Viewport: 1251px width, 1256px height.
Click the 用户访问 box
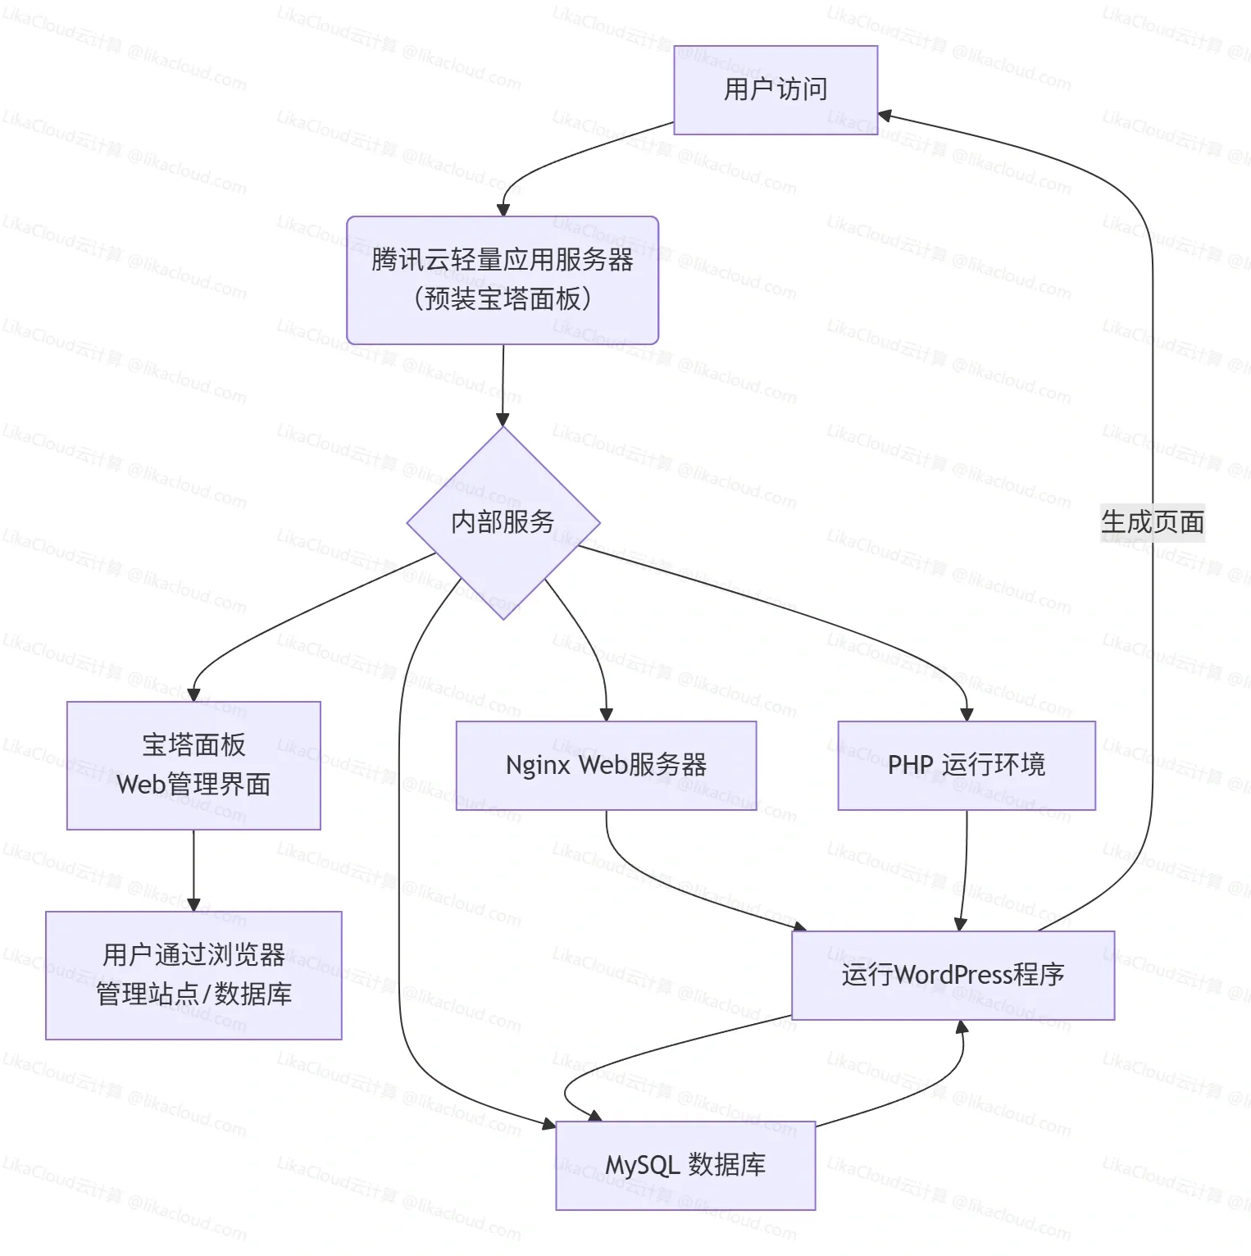776,89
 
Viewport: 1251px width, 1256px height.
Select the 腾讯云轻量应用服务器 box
503,280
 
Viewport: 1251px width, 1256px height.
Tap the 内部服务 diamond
503,522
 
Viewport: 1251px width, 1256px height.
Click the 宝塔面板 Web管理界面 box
193,765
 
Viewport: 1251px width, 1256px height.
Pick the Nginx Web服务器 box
606,765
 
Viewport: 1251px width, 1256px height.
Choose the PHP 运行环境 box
967,765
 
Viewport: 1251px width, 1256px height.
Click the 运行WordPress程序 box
953,975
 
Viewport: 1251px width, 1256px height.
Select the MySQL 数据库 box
685,1165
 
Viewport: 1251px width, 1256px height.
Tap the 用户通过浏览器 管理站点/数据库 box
193,975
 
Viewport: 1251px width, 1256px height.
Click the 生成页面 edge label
1153,522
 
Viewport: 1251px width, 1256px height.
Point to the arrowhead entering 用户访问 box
885,116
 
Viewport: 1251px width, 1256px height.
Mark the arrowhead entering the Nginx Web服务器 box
607,715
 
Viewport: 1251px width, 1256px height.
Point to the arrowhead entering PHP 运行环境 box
967,715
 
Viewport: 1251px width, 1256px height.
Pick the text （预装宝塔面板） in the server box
503,298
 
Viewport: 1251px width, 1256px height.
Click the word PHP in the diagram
910,765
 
